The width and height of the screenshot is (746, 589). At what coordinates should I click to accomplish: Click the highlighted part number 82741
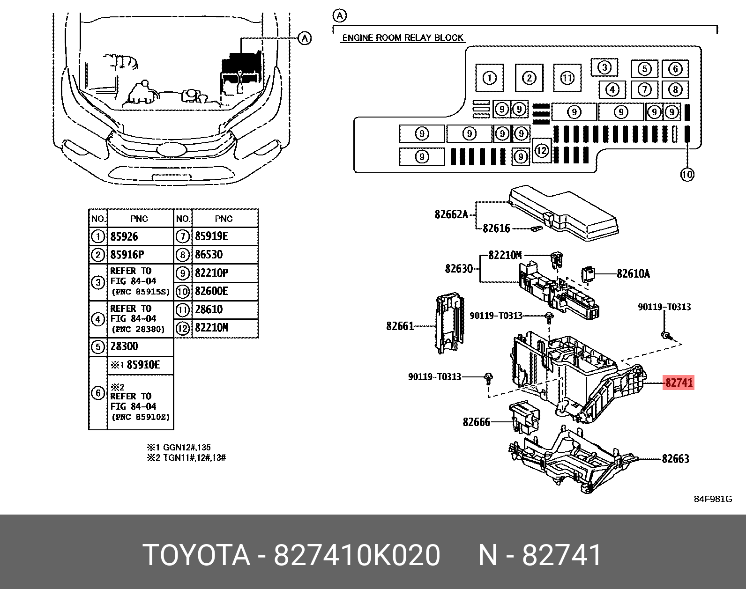click(679, 383)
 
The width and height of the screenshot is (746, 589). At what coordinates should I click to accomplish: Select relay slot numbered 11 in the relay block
click(567, 78)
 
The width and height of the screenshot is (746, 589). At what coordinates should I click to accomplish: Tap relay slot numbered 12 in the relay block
click(542, 151)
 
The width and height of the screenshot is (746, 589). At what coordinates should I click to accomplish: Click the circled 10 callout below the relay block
click(686, 175)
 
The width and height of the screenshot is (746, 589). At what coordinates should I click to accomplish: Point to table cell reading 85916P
click(127, 255)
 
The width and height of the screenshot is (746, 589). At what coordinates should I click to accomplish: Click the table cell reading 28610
click(209, 309)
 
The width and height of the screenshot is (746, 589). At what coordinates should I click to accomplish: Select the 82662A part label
click(451, 214)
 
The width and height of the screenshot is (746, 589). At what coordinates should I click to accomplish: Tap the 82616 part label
click(496, 228)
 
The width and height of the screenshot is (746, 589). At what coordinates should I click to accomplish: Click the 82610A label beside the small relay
click(633, 273)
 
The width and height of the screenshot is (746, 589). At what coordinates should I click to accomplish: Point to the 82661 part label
click(400, 326)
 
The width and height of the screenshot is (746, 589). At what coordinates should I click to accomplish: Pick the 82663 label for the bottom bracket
click(675, 459)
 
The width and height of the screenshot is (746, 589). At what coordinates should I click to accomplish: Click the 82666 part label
click(476, 422)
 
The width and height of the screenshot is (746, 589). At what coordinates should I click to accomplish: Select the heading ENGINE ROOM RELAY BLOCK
click(403, 37)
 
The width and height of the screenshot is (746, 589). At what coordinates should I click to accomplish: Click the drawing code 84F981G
click(712, 499)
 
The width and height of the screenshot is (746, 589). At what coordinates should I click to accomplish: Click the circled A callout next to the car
click(305, 38)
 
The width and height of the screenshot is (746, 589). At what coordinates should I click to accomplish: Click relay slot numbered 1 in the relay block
click(489, 78)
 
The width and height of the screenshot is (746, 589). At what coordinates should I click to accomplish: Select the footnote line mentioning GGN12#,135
click(179, 448)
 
